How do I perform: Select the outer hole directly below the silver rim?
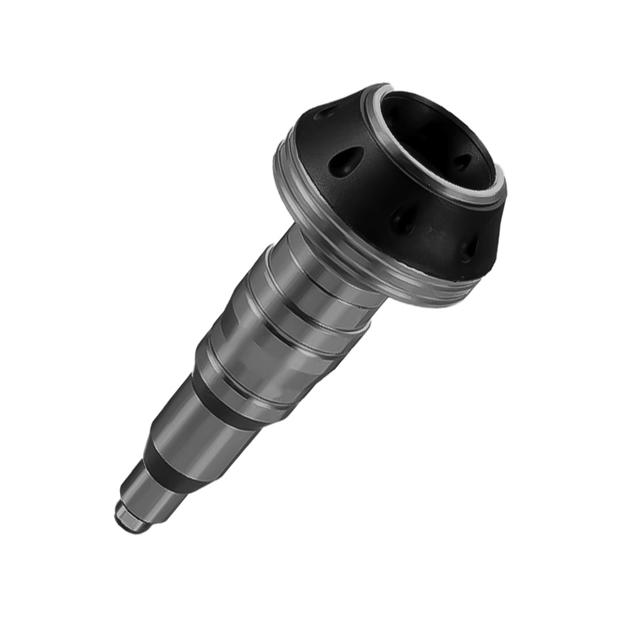pyautogui.click(x=402, y=220)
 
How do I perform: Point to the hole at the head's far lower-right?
pyautogui.click(x=468, y=248)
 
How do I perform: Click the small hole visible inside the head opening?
pyautogui.click(x=462, y=162)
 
